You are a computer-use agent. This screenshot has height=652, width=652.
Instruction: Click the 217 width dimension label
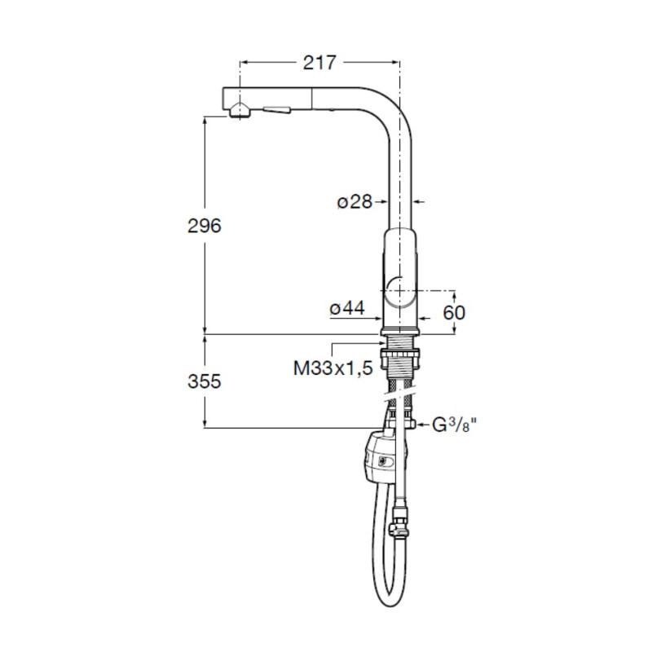(x=319, y=63)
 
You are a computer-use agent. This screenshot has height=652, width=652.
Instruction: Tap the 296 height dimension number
(x=205, y=227)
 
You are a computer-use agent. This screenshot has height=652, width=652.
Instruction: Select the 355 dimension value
(x=205, y=381)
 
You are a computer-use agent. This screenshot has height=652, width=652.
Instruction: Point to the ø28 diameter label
(x=355, y=202)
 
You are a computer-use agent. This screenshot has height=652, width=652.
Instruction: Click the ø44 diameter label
(x=347, y=308)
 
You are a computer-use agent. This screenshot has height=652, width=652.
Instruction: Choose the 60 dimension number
(x=454, y=313)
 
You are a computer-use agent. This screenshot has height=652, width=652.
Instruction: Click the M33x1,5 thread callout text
(x=333, y=368)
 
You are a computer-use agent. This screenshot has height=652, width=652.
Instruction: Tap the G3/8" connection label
(x=455, y=425)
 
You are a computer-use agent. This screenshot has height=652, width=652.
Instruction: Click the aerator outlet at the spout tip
(x=240, y=111)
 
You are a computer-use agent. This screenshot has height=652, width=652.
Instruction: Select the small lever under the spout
(x=276, y=110)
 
